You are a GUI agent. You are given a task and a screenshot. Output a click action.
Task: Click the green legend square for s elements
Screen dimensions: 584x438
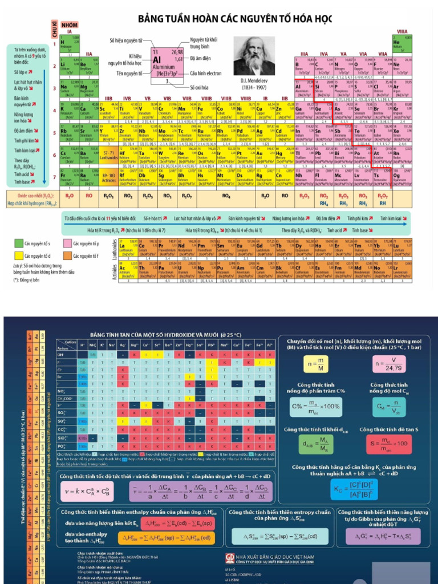(18, 244)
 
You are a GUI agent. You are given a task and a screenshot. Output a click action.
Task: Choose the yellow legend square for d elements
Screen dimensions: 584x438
(18, 255)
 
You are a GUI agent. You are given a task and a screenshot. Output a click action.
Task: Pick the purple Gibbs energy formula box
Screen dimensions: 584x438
(387, 536)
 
